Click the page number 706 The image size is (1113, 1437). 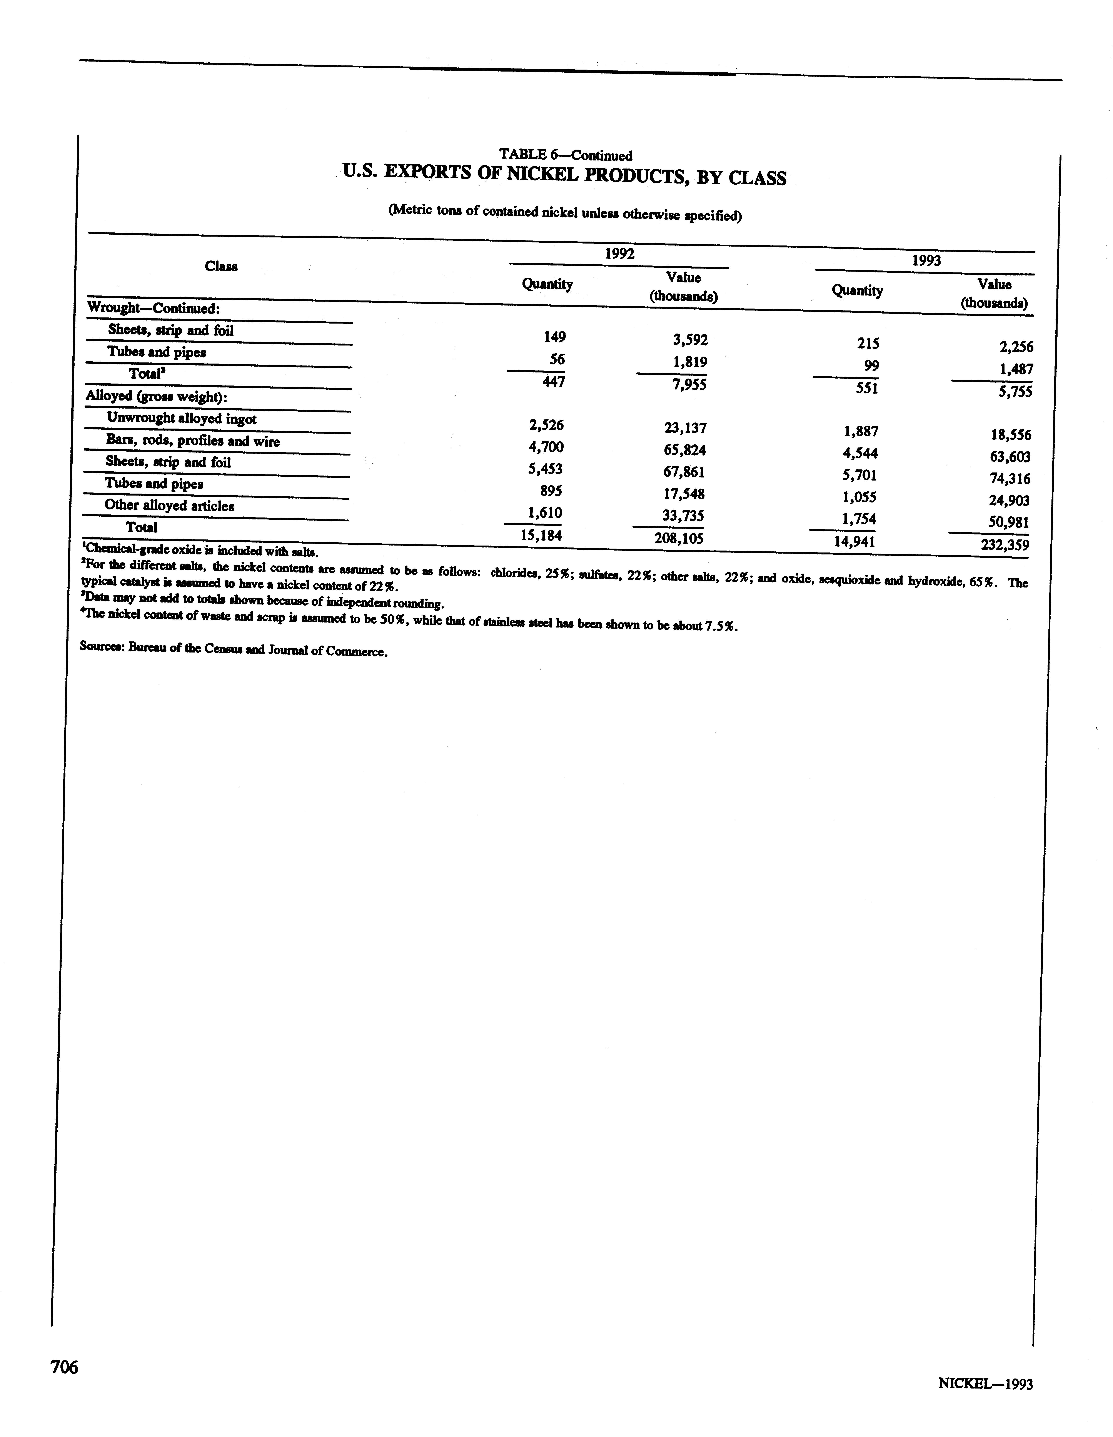(64, 1367)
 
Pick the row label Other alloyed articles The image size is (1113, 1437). (169, 505)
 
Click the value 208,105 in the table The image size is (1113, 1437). (679, 538)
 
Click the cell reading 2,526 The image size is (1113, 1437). (545, 425)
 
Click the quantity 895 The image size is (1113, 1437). (551, 491)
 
